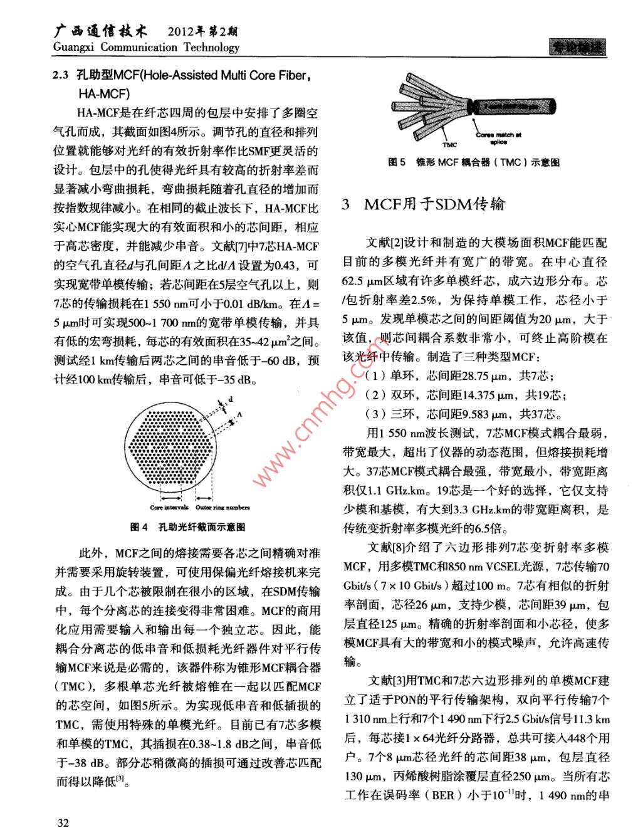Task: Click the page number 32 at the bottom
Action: point(63,822)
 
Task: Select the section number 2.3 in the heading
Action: point(61,75)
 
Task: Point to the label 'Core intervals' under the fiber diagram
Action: point(169,507)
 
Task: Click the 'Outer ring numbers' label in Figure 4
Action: point(222,507)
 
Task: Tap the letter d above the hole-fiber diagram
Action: point(231,399)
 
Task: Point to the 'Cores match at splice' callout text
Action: point(499,138)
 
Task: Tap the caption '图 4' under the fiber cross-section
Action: point(139,527)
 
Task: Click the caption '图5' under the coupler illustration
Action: point(397,162)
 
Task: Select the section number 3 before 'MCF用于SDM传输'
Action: point(346,204)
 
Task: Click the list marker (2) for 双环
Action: point(375,395)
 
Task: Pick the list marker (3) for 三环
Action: point(375,414)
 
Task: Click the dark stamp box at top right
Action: point(577,47)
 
